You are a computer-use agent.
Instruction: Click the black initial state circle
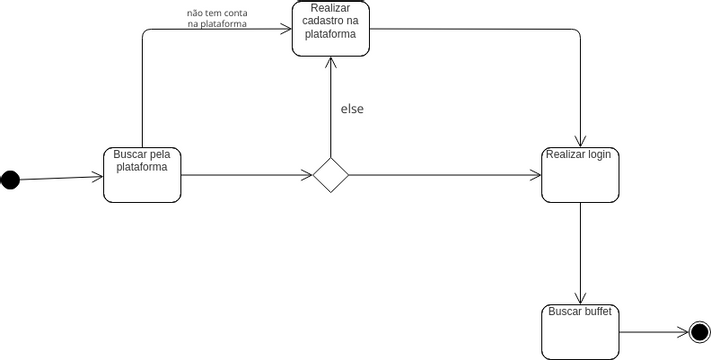10,180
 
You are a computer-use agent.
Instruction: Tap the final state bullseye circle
699,331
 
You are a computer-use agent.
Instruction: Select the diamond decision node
330,175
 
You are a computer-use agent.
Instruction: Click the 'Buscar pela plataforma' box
142,175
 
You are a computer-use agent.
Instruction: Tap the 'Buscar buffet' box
580,331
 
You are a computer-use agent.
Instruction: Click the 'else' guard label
352,109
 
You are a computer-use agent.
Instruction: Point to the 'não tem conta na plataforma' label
217,19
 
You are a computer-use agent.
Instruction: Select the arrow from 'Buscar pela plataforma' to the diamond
245,175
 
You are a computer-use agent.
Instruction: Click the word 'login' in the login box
599,155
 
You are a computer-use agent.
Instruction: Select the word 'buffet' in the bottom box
598,312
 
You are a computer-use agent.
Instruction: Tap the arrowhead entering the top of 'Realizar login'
580,142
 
